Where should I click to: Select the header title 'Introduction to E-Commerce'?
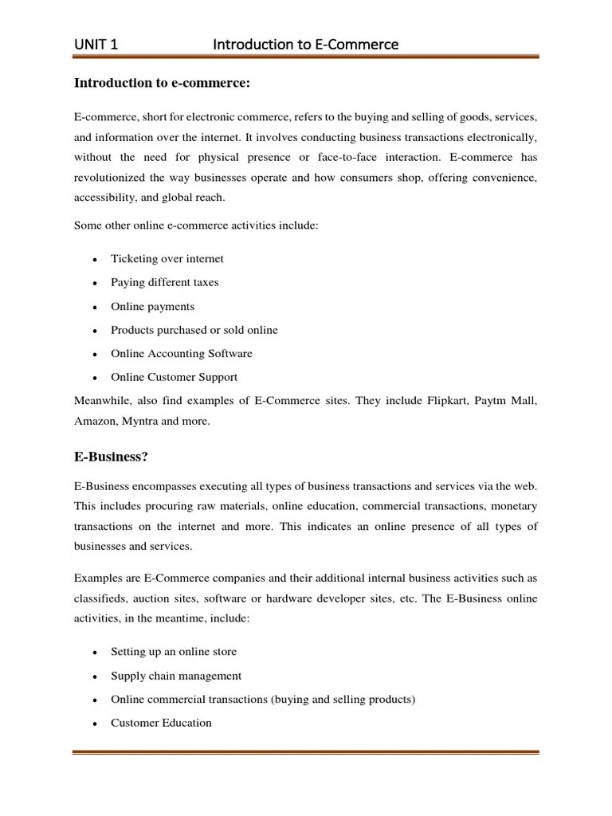(305, 45)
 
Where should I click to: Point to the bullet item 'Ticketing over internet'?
(167, 258)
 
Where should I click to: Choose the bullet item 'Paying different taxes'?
(164, 282)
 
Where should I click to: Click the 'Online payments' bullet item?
(152, 306)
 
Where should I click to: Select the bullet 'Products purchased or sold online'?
(194, 330)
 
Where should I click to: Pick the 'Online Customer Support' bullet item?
(174, 377)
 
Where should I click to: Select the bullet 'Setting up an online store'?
(174, 652)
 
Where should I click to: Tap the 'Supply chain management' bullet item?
(175, 676)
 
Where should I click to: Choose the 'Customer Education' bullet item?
(161, 723)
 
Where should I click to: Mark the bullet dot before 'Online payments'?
(95, 307)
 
